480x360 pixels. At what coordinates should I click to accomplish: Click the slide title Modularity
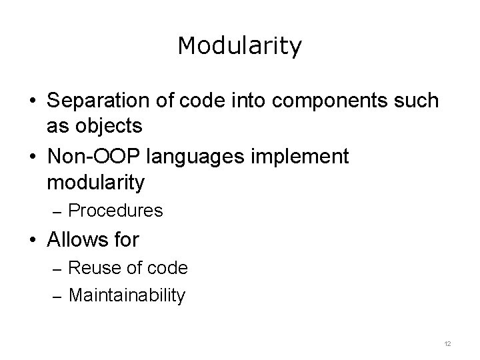pyautogui.click(x=240, y=46)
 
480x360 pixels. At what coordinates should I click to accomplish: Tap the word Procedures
pyautogui.click(x=115, y=211)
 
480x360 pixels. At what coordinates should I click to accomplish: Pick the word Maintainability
pyautogui.click(x=127, y=295)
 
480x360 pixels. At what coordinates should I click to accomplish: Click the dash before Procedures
pyautogui.click(x=57, y=212)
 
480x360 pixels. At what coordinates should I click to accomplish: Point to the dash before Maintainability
pyautogui.click(x=57, y=296)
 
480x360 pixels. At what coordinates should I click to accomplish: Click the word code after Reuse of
pyautogui.click(x=168, y=268)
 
